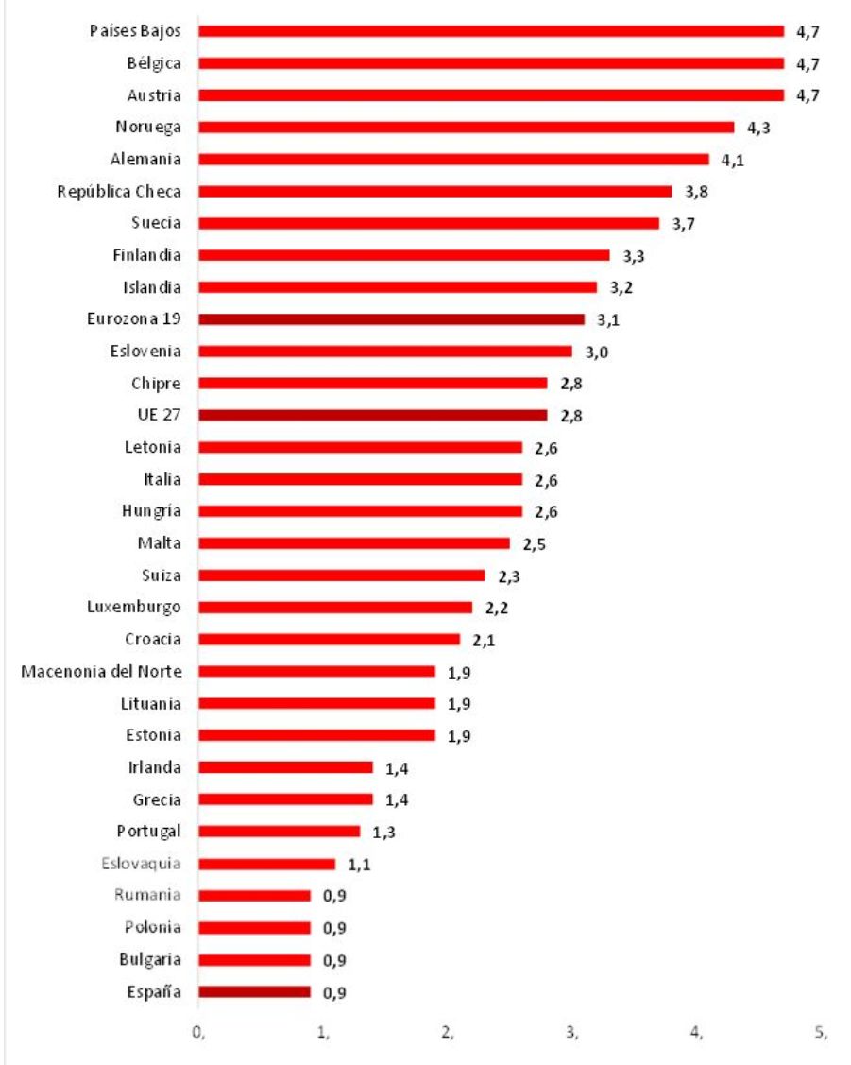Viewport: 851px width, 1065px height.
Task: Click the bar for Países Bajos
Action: point(491,31)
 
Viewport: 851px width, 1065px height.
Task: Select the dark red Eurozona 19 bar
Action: point(391,319)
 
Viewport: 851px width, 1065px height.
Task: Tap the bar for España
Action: point(254,992)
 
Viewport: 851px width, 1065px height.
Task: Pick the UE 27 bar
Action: point(372,415)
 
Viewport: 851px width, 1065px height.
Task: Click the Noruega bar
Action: point(466,127)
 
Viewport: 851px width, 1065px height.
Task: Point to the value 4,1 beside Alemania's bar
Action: point(732,160)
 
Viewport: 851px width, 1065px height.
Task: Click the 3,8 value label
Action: point(695,191)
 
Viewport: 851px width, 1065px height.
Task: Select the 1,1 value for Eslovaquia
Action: point(359,864)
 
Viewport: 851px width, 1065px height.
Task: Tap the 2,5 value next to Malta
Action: point(534,543)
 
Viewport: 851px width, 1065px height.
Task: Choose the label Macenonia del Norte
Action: point(101,671)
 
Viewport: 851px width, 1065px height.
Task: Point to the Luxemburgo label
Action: point(134,607)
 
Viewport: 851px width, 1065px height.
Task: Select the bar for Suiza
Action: point(341,575)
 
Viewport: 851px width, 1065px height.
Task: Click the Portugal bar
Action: point(279,832)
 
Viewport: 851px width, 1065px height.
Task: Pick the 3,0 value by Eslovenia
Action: point(596,352)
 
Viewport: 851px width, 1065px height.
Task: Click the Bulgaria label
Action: point(150,960)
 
